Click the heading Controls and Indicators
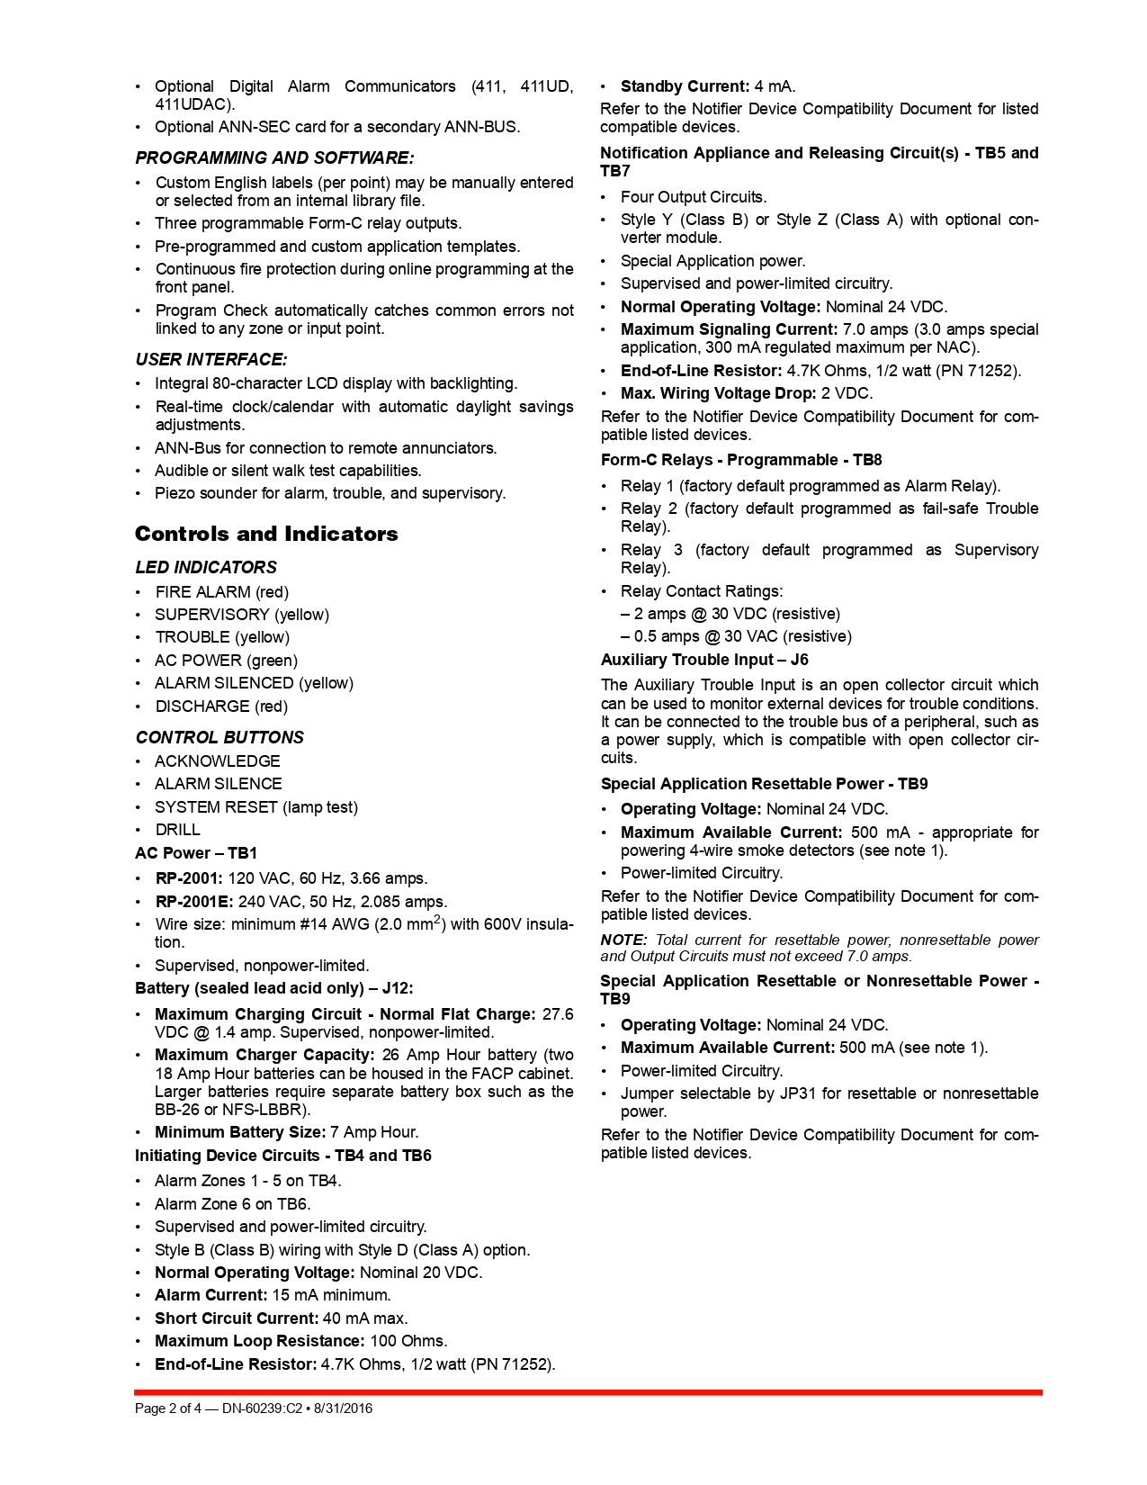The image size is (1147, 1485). (266, 534)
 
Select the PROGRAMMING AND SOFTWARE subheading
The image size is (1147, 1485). (274, 158)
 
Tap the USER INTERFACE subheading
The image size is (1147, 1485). (211, 360)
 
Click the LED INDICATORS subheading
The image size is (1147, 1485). (206, 568)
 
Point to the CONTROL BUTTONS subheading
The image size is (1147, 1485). (220, 738)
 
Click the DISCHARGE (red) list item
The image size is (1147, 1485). (221, 706)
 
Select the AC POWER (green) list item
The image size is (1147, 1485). (226, 661)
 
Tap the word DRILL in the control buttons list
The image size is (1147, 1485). (177, 830)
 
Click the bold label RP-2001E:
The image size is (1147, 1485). (194, 902)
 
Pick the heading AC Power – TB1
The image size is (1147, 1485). (196, 853)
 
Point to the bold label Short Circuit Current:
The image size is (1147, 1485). (237, 1318)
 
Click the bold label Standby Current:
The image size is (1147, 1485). (685, 86)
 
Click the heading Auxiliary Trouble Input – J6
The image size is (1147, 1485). (704, 660)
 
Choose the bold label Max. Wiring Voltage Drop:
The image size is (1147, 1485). (719, 393)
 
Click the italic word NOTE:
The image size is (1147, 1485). (623, 940)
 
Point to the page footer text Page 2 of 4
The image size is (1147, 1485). (168, 1408)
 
